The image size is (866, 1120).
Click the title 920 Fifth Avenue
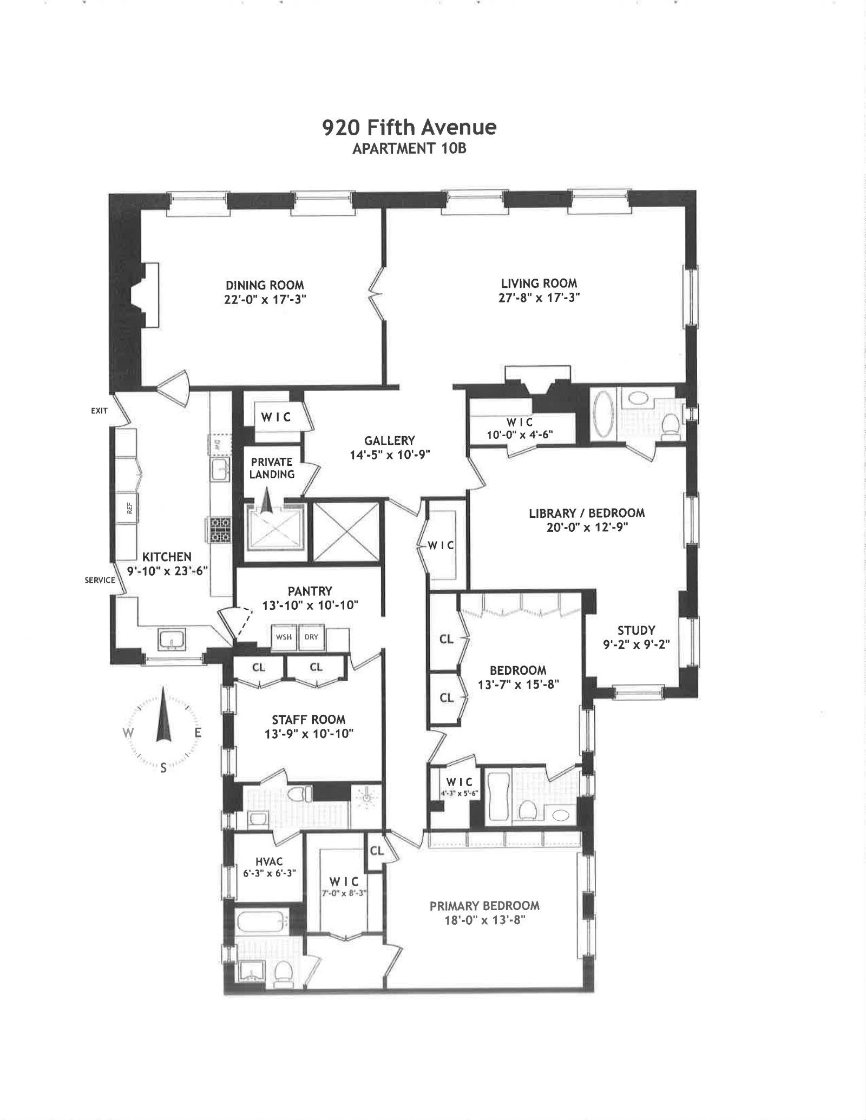(x=409, y=128)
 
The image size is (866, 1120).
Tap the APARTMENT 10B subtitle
(x=409, y=149)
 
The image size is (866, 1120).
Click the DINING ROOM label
(x=265, y=285)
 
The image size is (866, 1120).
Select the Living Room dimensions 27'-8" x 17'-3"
(x=539, y=297)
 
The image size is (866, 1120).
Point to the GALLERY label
(x=390, y=440)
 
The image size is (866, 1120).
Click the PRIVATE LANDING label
(x=272, y=468)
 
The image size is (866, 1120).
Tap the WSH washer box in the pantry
(x=284, y=637)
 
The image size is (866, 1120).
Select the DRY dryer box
(x=311, y=637)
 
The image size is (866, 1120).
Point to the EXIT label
(x=99, y=411)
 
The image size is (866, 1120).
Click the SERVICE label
(x=100, y=580)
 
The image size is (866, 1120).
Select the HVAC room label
(x=269, y=862)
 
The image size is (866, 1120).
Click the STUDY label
(x=637, y=630)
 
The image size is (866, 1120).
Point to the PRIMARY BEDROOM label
(x=484, y=906)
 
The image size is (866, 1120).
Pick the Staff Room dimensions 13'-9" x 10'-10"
(x=309, y=734)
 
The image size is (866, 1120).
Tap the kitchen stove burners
(x=219, y=530)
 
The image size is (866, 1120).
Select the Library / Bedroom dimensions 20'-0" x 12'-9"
(x=587, y=527)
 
